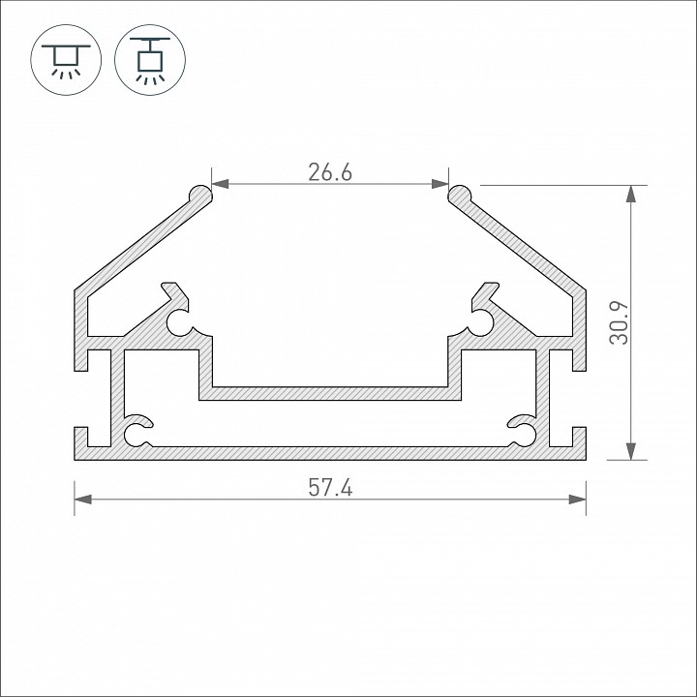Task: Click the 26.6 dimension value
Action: [x=329, y=172]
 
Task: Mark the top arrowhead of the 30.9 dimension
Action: [x=631, y=193]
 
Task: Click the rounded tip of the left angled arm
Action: [x=201, y=195]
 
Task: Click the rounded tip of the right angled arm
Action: [x=459, y=195]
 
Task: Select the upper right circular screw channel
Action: [x=482, y=322]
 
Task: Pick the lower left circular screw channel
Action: [x=137, y=432]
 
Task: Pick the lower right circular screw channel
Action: [x=524, y=432]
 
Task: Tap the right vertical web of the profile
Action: [x=544, y=397]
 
